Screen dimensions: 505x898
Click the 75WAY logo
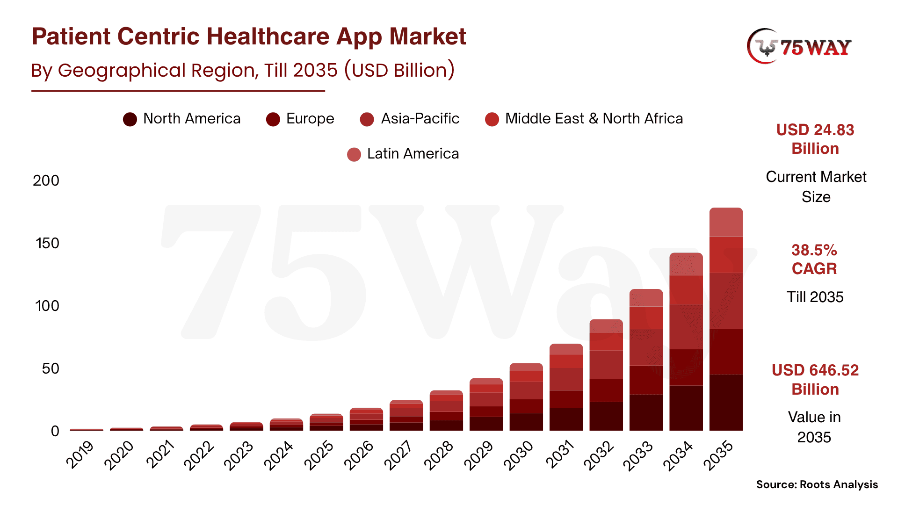799,47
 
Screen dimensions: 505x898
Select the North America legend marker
130,119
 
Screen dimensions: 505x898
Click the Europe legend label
310,119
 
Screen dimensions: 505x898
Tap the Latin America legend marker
354,154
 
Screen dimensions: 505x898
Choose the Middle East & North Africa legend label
594,119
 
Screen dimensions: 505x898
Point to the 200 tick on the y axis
46,180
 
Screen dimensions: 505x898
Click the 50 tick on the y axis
50,368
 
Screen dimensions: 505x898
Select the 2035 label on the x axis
718,454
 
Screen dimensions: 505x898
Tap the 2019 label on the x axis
80,454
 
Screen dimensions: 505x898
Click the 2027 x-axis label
398,454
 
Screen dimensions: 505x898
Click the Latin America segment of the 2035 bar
726,222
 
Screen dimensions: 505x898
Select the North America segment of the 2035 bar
726,402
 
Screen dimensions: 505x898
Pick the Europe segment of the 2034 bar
686,367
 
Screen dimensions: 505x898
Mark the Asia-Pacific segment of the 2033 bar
646,347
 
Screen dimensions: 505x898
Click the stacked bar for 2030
526,397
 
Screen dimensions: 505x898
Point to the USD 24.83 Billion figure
815,139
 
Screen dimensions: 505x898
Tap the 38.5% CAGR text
814,260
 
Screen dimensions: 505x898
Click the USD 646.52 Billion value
815,380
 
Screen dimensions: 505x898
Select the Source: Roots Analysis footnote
817,484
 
